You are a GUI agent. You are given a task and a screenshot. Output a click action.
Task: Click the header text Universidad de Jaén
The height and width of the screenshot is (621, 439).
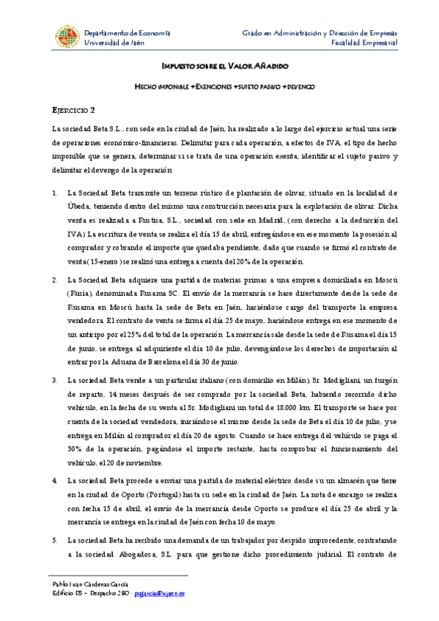coord(114,43)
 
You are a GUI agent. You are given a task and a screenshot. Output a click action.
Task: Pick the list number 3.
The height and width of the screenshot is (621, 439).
coord(55,380)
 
